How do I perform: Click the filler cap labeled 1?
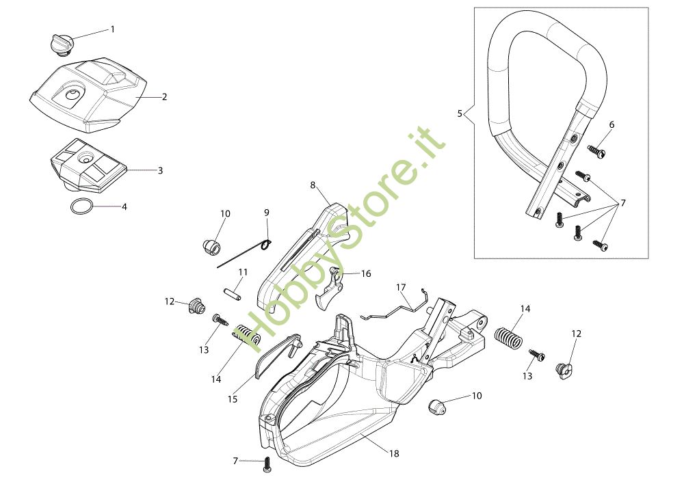pos(60,42)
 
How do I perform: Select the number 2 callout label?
pos(164,97)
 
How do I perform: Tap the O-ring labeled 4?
pos(81,206)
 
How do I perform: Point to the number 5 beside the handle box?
pos(460,113)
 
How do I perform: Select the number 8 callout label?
pos(313,185)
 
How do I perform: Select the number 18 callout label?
pos(394,453)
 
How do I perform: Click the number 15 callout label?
pos(233,399)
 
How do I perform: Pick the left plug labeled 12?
pos(196,307)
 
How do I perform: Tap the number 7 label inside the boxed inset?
pos(623,204)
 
